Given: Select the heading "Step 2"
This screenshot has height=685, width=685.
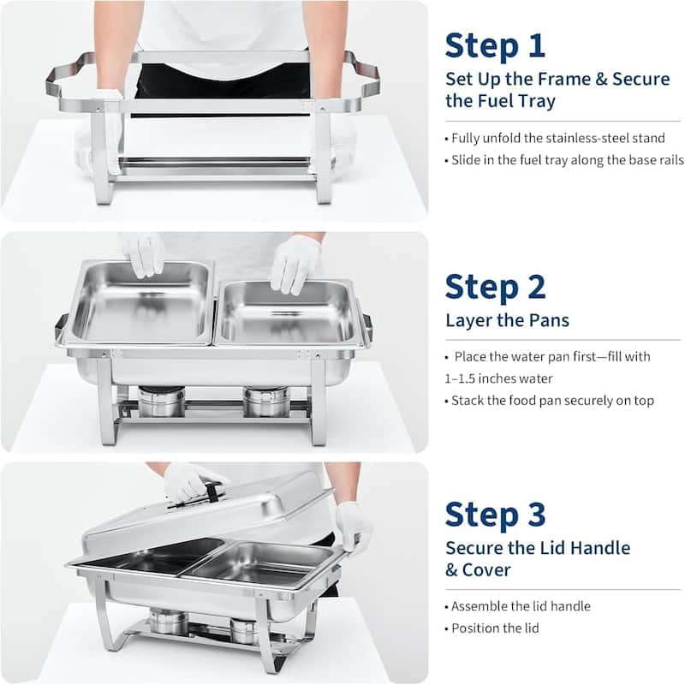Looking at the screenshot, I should point(495,288).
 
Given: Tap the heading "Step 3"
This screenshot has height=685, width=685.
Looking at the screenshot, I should point(495,515).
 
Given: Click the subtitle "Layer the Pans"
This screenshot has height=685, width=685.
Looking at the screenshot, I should point(507,321).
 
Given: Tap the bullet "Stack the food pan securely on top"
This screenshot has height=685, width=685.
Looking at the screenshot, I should point(550,401).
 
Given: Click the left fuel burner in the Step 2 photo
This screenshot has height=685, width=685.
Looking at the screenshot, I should point(161,400).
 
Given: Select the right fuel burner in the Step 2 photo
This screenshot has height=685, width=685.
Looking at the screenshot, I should point(265,400).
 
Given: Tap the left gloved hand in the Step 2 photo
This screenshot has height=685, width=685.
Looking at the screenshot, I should point(143,254).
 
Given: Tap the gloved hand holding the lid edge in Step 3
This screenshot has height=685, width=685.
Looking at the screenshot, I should point(353,525).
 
